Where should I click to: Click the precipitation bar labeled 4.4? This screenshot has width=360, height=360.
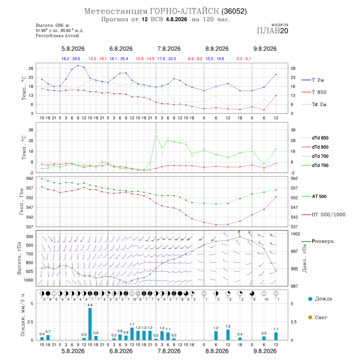90,324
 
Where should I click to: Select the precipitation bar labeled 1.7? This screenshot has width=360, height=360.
132,334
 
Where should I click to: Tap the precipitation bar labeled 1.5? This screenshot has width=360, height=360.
228,335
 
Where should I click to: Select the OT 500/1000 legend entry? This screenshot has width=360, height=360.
323,215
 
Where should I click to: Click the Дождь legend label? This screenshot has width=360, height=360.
324,299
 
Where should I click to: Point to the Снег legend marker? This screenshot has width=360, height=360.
310,317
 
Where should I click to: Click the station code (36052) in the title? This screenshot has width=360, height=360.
234,11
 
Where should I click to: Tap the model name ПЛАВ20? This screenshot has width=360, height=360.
272,31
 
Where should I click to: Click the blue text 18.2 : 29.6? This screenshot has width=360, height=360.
71,59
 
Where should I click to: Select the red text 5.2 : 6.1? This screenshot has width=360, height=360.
244,59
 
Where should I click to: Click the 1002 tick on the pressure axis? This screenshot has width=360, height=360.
296,234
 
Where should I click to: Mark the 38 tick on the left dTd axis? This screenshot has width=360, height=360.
30,130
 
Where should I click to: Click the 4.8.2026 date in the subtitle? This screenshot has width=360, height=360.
176,19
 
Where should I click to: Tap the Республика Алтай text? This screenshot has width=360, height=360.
57,36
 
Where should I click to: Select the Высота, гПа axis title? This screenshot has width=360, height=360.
19,258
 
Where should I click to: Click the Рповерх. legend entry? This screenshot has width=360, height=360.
318,241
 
